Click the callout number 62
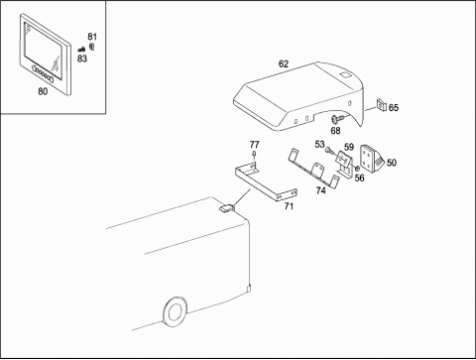point(284,63)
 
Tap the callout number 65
point(394,108)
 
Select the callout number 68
point(335,131)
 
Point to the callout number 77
point(254,145)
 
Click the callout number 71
point(289,206)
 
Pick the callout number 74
point(320,190)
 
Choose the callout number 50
point(392,163)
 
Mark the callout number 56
point(359,179)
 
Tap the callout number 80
point(43,91)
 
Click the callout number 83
point(82,59)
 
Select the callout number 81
point(92,37)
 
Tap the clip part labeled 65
point(381,105)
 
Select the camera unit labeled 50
point(370,160)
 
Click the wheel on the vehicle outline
point(175,310)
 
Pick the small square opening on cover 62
point(344,75)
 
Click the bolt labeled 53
point(329,151)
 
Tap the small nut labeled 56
point(357,169)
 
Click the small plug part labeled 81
point(92,47)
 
